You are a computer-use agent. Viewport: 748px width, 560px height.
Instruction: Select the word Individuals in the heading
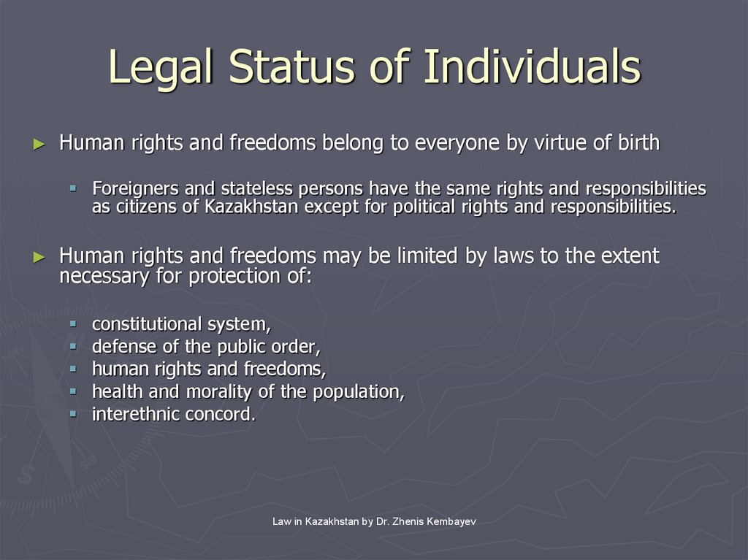click(x=532, y=67)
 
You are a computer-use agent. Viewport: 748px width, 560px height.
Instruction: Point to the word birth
click(x=636, y=143)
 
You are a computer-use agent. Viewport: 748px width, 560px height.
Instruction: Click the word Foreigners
click(x=134, y=189)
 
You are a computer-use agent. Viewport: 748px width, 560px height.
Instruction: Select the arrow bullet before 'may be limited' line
click(x=39, y=257)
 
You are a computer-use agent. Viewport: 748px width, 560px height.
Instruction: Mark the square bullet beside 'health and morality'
click(x=73, y=391)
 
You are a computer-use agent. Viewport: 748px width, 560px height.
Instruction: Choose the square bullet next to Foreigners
click(x=73, y=188)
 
